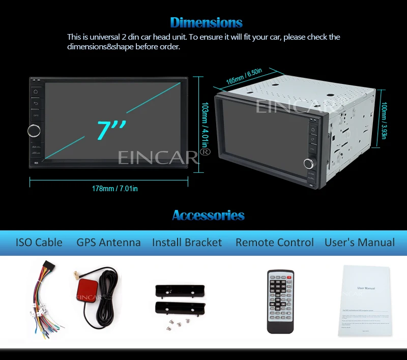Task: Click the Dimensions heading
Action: (x=206, y=22)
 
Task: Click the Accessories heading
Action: (x=208, y=215)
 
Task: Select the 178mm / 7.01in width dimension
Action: (x=115, y=189)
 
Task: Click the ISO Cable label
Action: (x=39, y=243)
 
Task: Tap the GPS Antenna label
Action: (x=108, y=243)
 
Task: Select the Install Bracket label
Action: (x=187, y=243)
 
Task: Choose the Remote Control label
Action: (x=275, y=243)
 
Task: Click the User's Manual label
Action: (x=360, y=243)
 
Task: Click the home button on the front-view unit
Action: (x=36, y=92)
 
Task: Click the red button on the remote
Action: (x=289, y=277)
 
